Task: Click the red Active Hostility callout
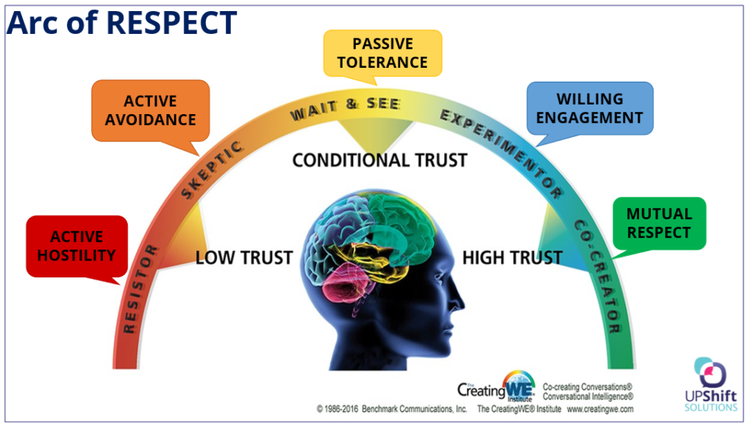[x=76, y=246]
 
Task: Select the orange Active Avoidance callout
[x=150, y=110]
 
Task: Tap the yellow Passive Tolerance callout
[x=382, y=53]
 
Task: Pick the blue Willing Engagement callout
[x=589, y=108]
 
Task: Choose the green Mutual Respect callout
[x=659, y=222]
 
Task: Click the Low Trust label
[x=244, y=258]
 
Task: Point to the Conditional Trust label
[x=379, y=160]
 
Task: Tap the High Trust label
[x=512, y=258]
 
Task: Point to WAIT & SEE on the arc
[x=345, y=110]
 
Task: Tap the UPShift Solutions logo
[x=709, y=384]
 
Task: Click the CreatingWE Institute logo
[x=497, y=386]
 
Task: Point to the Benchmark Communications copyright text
[x=393, y=409]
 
